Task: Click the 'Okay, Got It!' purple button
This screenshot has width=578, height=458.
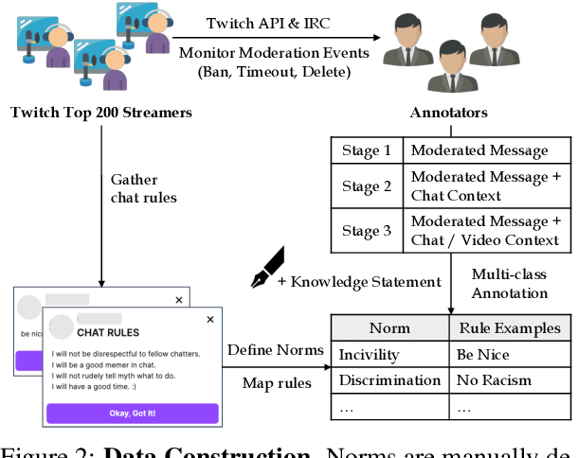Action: coord(133,413)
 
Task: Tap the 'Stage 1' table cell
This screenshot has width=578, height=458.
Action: coord(366,150)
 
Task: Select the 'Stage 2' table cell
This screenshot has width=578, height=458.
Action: coord(366,186)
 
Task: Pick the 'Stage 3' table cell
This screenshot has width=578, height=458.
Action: coord(366,232)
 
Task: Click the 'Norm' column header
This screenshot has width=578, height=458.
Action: coord(389,327)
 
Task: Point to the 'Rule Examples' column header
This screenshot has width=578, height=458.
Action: coord(509,327)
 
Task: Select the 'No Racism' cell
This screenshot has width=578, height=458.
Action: coord(494,380)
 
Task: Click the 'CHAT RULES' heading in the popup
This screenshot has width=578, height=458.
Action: coord(108,332)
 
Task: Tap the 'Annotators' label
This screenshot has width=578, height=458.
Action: coord(448,114)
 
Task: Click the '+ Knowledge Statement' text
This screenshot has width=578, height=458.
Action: coord(359,280)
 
